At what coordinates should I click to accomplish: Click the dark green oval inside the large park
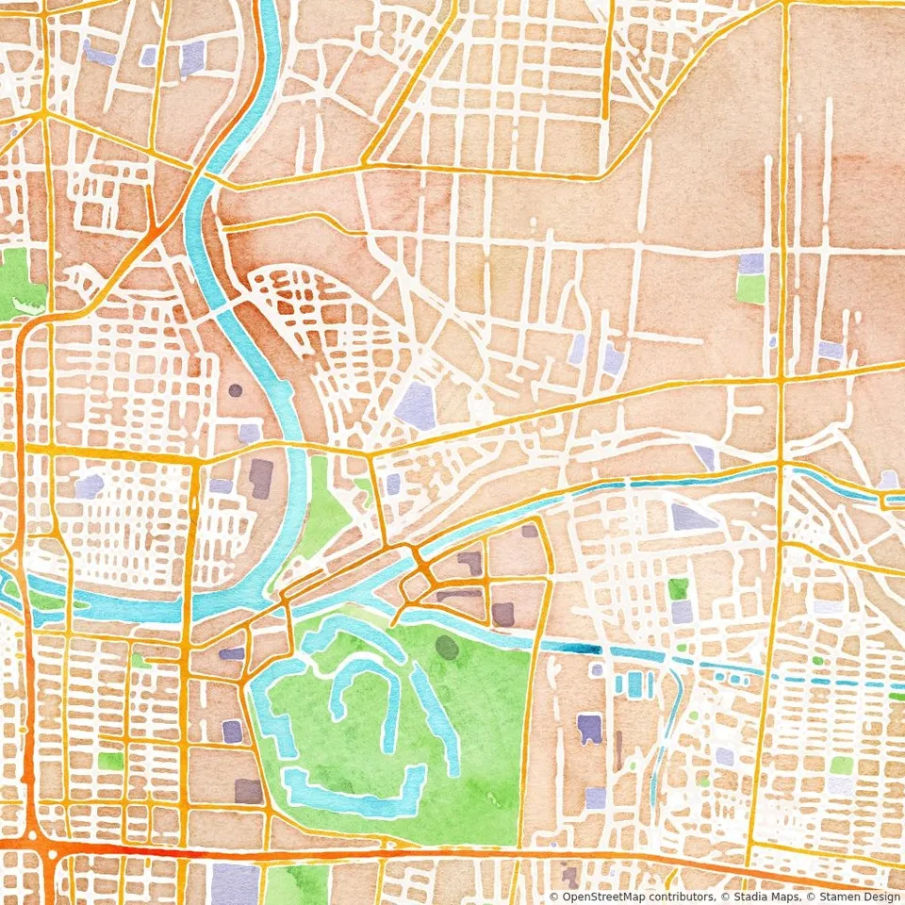[x=447, y=648]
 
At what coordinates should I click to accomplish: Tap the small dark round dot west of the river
[x=235, y=389]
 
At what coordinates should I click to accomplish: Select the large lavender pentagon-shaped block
[x=415, y=405]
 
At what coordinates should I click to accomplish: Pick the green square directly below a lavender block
[x=750, y=289]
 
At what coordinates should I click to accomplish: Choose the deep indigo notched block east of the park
[x=590, y=729]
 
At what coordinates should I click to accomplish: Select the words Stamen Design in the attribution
[x=852, y=897]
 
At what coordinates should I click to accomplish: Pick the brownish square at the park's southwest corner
[x=249, y=790]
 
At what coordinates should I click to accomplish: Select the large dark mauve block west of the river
[x=261, y=478]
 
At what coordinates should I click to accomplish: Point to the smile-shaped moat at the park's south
[x=354, y=792]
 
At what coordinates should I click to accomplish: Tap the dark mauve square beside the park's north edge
[x=502, y=614]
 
